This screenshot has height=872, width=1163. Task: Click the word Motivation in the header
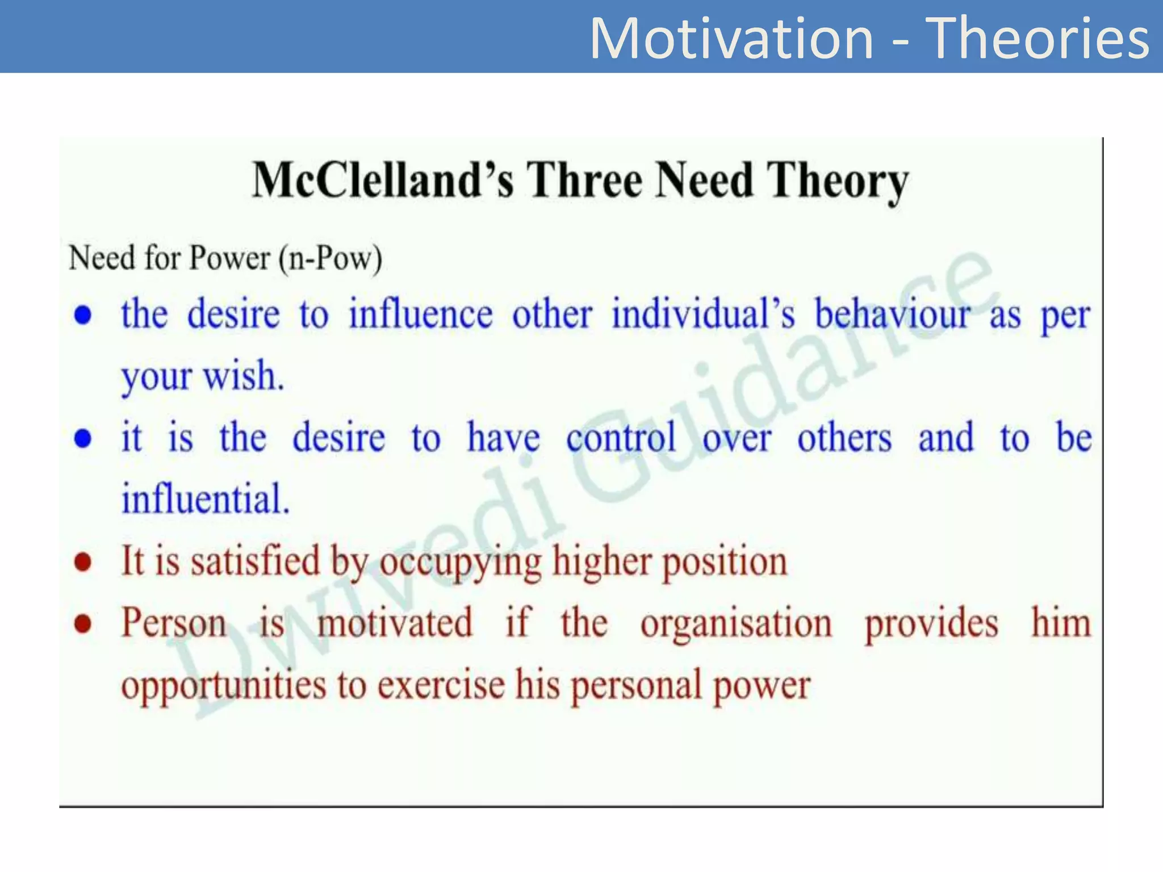coord(731,39)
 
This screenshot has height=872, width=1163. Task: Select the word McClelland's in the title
coord(383,180)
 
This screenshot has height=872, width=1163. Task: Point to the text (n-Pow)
coord(330,259)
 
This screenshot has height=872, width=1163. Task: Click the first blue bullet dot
coord(83,315)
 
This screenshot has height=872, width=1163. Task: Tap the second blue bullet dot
coord(83,439)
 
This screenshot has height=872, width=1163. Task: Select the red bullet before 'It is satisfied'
coord(83,562)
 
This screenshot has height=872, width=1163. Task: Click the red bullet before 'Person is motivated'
coord(83,624)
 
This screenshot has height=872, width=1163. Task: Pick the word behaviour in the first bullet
coord(893,314)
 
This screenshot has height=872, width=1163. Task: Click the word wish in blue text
coord(243,376)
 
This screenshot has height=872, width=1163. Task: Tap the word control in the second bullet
coord(621,438)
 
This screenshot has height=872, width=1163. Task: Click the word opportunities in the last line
coord(223,686)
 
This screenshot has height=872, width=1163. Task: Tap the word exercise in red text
coord(441,685)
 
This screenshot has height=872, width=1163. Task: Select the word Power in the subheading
coord(229,259)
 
